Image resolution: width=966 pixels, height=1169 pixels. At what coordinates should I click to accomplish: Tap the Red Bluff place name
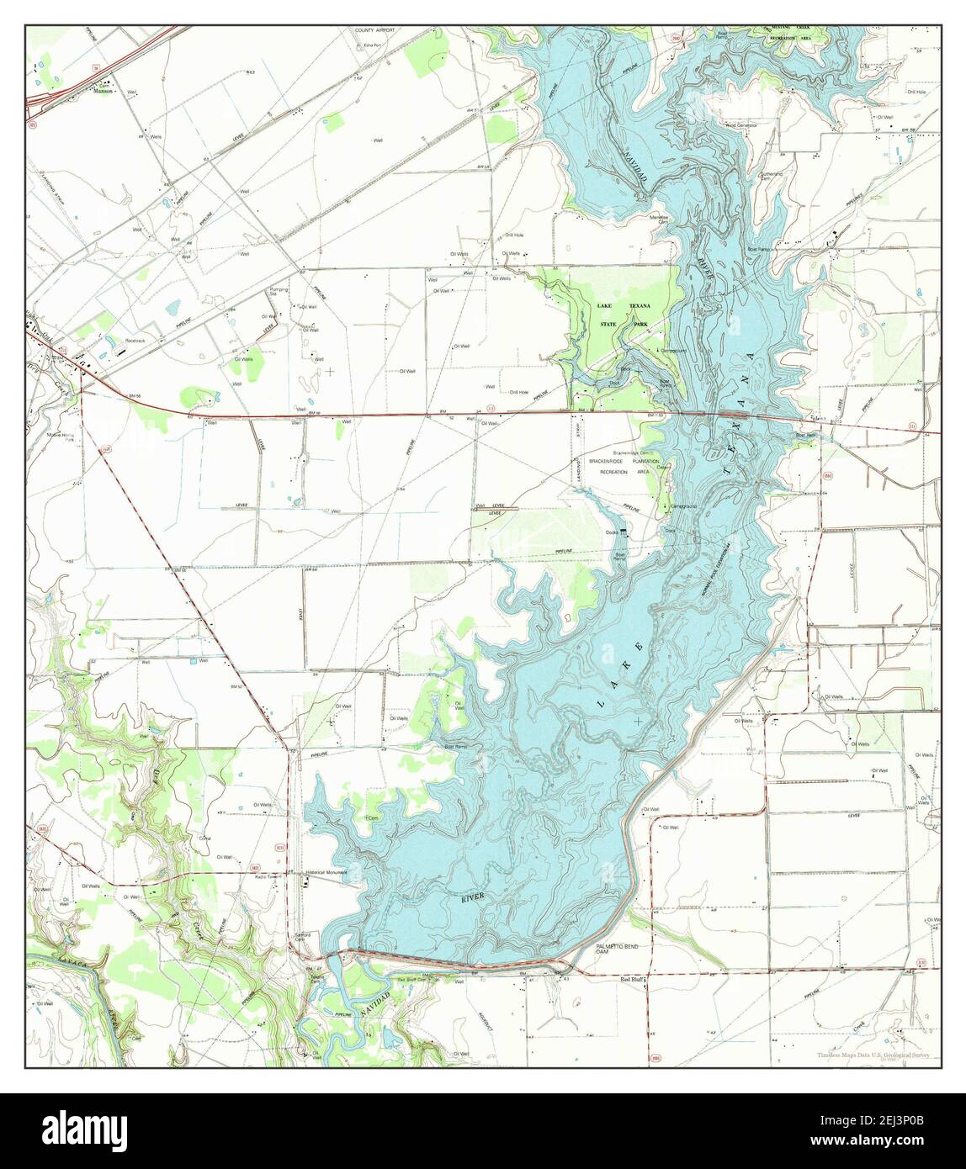632,981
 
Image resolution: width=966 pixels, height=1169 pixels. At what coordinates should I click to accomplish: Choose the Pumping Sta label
279,291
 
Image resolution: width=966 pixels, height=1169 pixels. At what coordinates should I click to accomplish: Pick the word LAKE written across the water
620,673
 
